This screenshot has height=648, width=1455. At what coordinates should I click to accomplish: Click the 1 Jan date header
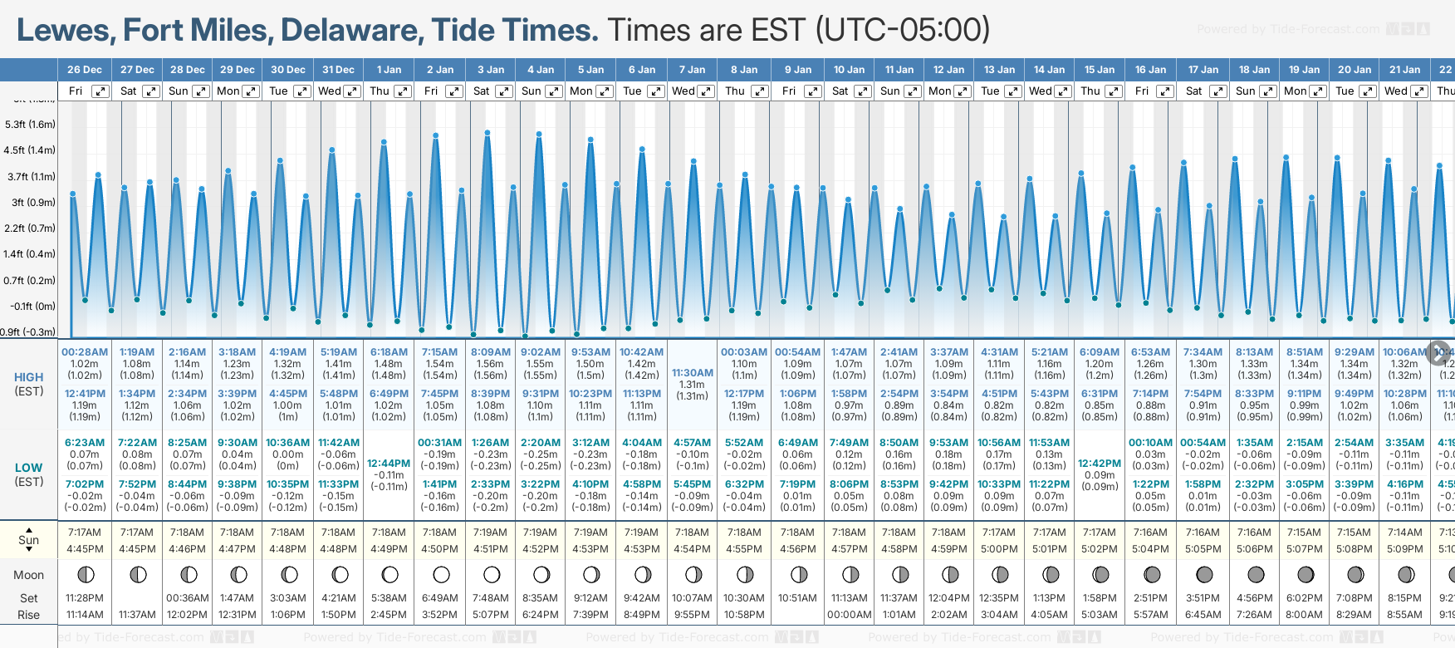click(x=389, y=70)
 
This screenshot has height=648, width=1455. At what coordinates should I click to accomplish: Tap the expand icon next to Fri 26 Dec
click(x=100, y=91)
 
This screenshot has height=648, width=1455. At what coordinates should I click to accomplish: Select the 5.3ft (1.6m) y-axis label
click(x=30, y=125)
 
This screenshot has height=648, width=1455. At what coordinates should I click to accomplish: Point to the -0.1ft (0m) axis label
click(x=33, y=306)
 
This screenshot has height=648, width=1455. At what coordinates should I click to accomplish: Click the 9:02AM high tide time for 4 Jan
click(x=540, y=352)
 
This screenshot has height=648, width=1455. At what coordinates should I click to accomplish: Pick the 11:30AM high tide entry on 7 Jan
click(x=692, y=373)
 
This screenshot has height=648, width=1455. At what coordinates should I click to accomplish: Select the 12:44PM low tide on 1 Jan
click(x=389, y=464)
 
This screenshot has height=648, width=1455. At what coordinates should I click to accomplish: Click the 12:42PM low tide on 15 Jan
click(x=1100, y=464)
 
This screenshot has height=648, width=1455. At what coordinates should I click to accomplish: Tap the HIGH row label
click(x=28, y=377)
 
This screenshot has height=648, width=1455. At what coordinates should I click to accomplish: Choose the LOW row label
click(x=28, y=468)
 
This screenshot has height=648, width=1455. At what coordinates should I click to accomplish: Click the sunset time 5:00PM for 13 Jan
click(x=999, y=549)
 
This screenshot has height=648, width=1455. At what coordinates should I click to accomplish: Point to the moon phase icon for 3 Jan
click(x=492, y=575)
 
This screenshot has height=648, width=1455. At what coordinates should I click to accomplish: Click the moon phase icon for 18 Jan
click(x=1255, y=575)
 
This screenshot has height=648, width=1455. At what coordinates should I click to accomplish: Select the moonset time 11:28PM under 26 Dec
click(x=85, y=598)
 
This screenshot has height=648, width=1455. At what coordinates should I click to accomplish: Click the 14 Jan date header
click(x=1050, y=70)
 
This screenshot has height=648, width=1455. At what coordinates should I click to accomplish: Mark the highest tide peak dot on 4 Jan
click(x=539, y=134)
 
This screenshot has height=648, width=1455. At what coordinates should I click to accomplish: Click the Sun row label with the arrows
click(x=28, y=540)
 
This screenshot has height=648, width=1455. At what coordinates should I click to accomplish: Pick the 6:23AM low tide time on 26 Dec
click(x=85, y=443)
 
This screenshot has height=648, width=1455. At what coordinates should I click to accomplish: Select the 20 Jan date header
click(x=1355, y=70)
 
